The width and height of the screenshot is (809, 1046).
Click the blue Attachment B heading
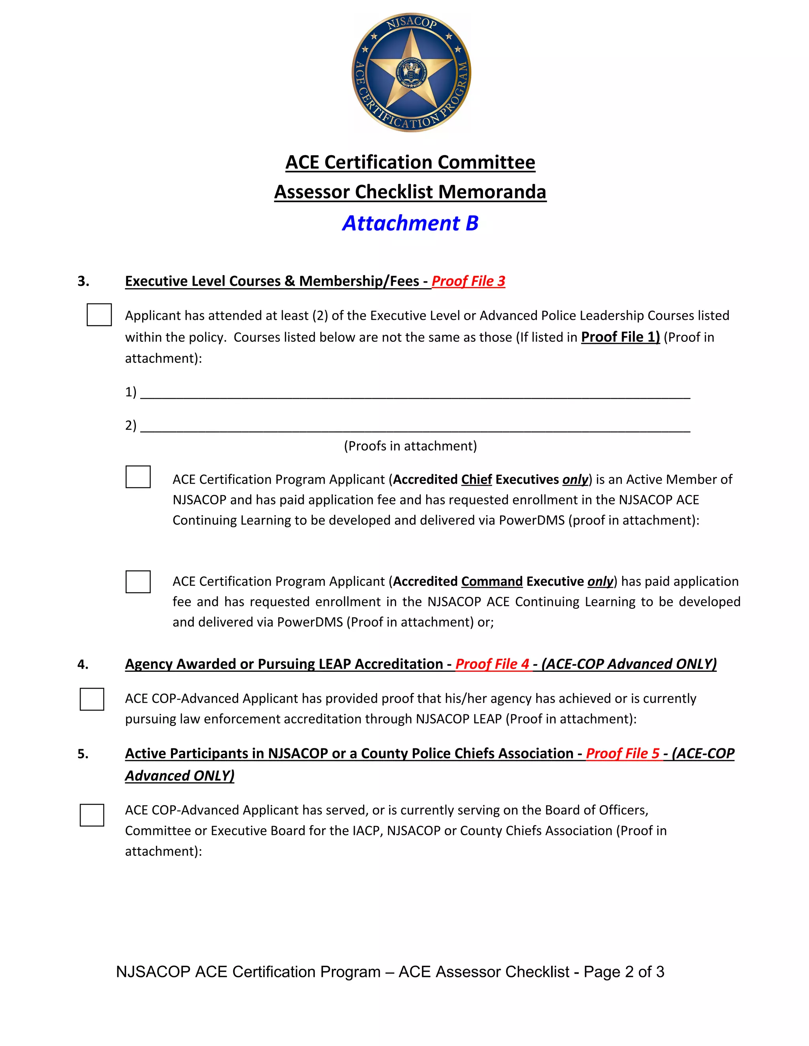pyautogui.click(x=410, y=223)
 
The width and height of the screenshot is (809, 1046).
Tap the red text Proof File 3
pyautogui.click(x=468, y=281)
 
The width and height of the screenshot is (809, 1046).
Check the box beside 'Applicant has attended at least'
pyautogui.click(x=99, y=315)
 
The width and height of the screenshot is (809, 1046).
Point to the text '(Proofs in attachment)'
pyautogui.click(x=410, y=446)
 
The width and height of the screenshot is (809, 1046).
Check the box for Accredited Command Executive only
pyautogui.click(x=138, y=581)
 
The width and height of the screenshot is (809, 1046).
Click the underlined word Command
pyautogui.click(x=492, y=581)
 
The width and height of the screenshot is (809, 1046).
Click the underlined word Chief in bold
pyautogui.click(x=476, y=480)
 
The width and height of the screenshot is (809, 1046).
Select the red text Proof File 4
pyautogui.click(x=492, y=664)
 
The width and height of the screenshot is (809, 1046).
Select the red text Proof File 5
pyautogui.click(x=623, y=754)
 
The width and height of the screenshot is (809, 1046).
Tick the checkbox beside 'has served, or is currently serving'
pyautogui.click(x=92, y=815)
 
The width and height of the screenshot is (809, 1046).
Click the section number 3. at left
pyautogui.click(x=83, y=281)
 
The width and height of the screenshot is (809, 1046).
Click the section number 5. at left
pyautogui.click(x=83, y=754)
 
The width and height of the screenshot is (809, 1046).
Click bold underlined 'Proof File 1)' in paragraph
pyautogui.click(x=620, y=337)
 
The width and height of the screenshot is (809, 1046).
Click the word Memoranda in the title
pyautogui.click(x=492, y=192)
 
